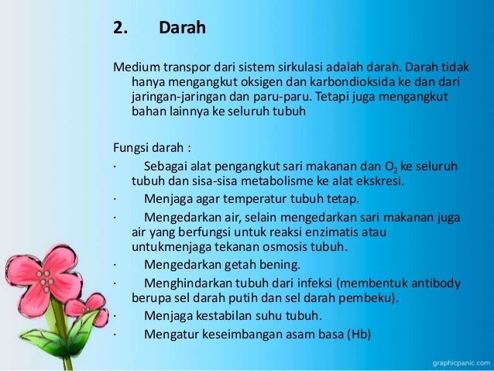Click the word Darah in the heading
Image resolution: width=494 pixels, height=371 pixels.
pos(182,29)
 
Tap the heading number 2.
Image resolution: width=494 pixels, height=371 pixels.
pos(119,29)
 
